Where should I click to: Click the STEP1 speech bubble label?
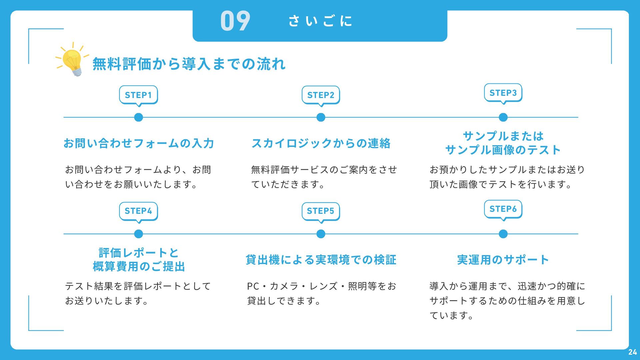tap(138, 95)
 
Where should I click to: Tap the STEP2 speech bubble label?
tap(321, 95)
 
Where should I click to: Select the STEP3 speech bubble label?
tap(503, 93)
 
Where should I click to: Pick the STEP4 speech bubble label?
tap(138, 211)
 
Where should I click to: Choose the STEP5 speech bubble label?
tap(321, 211)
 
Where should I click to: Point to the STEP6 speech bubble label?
tap(503, 209)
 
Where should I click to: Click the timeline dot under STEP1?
tap(138, 117)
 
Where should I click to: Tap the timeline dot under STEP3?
tap(503, 117)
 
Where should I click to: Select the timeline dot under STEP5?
tap(321, 234)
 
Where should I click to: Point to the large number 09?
tap(235, 21)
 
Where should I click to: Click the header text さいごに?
tap(320, 21)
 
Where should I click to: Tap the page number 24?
tap(632, 352)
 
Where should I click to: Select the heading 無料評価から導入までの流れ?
tap(189, 64)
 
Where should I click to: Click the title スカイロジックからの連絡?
tap(321, 143)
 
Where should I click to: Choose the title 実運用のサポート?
tap(503, 260)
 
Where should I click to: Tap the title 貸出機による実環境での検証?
tap(321, 260)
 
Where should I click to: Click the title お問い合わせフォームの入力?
tap(139, 143)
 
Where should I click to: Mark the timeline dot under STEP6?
tap(503, 234)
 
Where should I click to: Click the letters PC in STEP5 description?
tap(253, 286)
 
